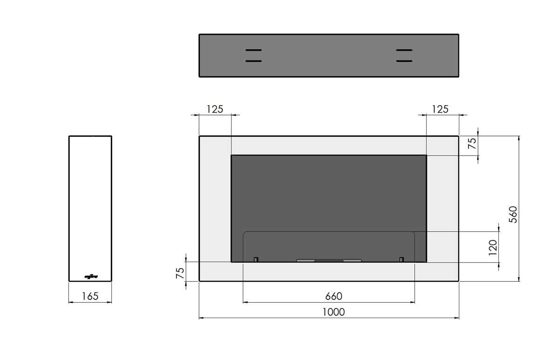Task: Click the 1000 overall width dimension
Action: [x=334, y=312]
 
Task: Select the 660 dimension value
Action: [x=334, y=296]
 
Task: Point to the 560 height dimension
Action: [x=512, y=214]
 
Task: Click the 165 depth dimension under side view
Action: [x=90, y=296]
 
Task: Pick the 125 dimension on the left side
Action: [x=215, y=109]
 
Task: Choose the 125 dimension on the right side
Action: [x=440, y=109]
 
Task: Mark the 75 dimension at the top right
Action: [x=472, y=143]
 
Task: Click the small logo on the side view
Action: [x=90, y=276]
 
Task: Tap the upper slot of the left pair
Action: [x=253, y=50]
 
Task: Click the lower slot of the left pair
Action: [x=253, y=61]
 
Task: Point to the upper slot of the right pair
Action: [x=404, y=50]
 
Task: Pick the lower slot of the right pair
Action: [x=404, y=61]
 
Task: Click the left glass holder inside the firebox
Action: [x=256, y=259]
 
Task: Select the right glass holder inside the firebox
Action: [x=401, y=259]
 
